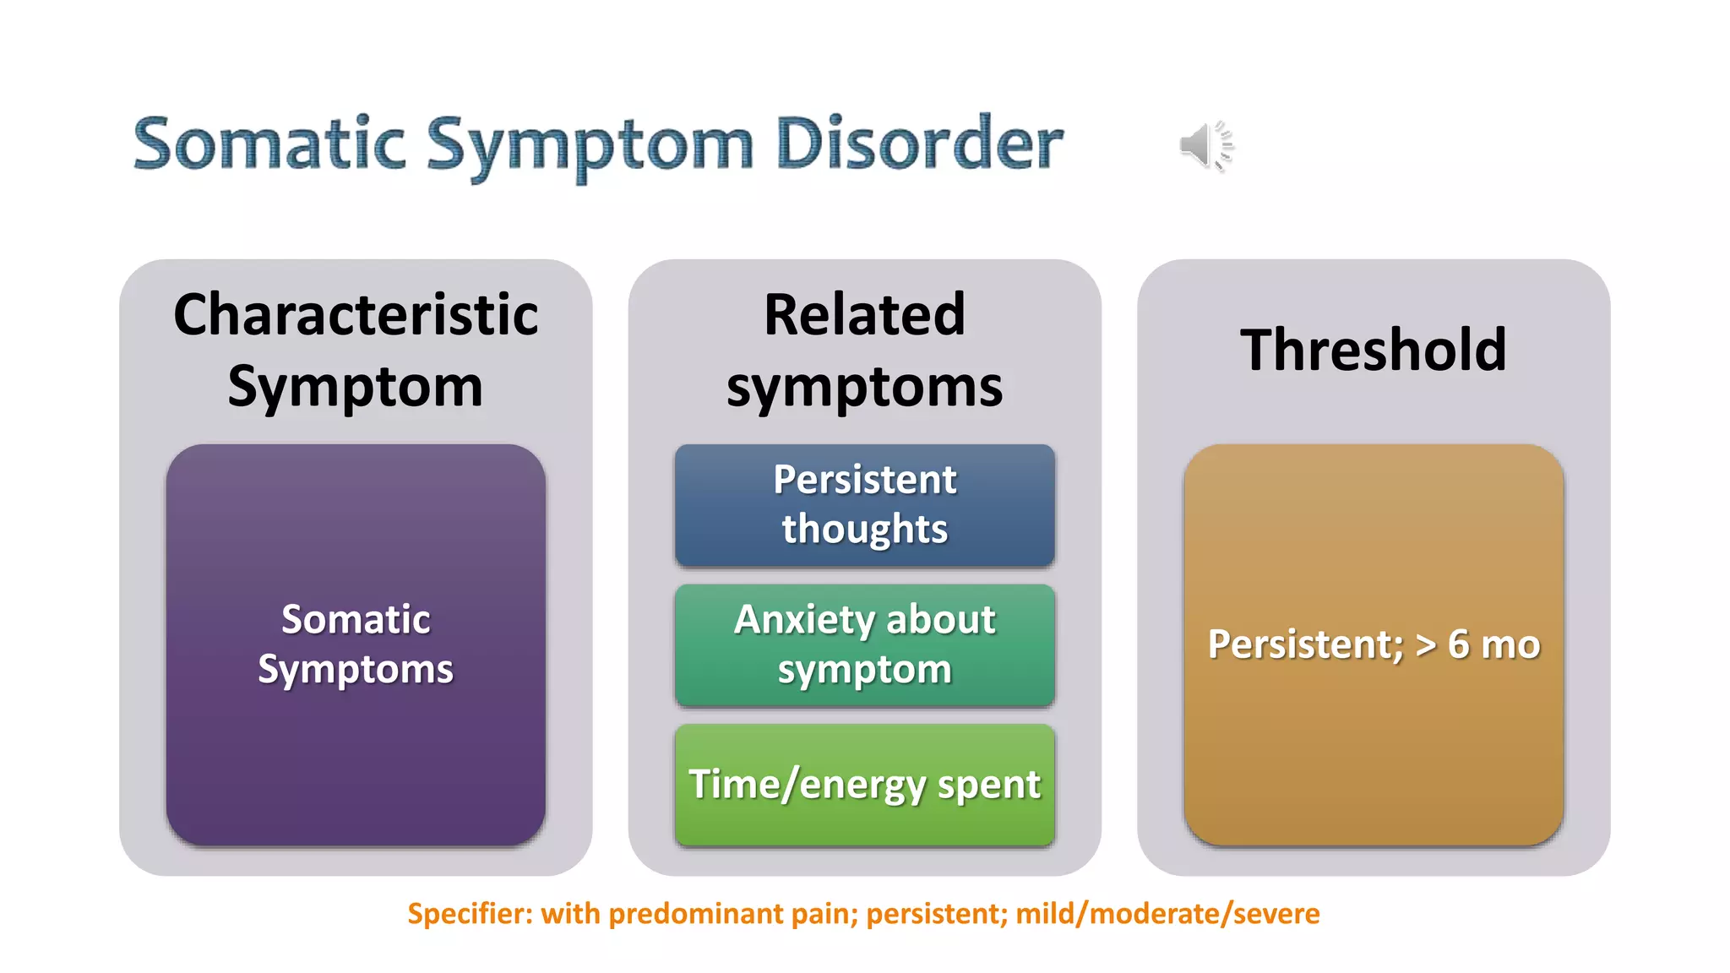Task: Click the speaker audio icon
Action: point(1205,145)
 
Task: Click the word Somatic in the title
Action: point(269,144)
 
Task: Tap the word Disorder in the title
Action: point(918,144)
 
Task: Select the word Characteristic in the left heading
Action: point(356,315)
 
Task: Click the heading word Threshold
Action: point(1373,350)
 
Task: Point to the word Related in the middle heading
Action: point(864,315)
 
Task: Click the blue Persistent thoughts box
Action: point(864,505)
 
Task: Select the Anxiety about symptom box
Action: point(864,645)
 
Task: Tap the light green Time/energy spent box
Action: point(864,785)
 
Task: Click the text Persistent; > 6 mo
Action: point(1374,644)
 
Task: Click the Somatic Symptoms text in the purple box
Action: point(356,644)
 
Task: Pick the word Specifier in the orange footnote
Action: point(468,914)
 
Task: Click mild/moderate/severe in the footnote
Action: point(1167,914)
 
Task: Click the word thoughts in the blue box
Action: point(864,530)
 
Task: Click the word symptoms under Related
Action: point(864,388)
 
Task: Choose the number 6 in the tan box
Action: point(1458,644)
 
